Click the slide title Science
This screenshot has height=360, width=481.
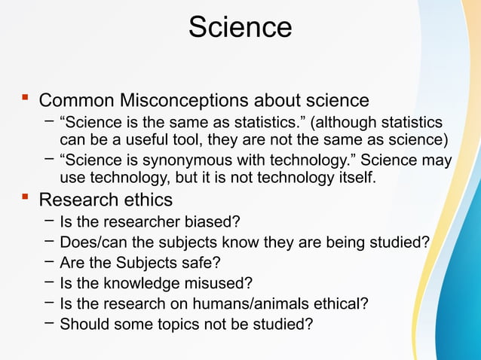[x=240, y=28]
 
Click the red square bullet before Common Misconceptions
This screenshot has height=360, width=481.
[x=25, y=98]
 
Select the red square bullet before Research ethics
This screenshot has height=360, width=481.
[x=25, y=198]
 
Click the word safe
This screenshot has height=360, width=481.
[x=205, y=263]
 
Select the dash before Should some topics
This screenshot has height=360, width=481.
[x=49, y=323]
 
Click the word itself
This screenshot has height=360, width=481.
[x=354, y=178]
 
